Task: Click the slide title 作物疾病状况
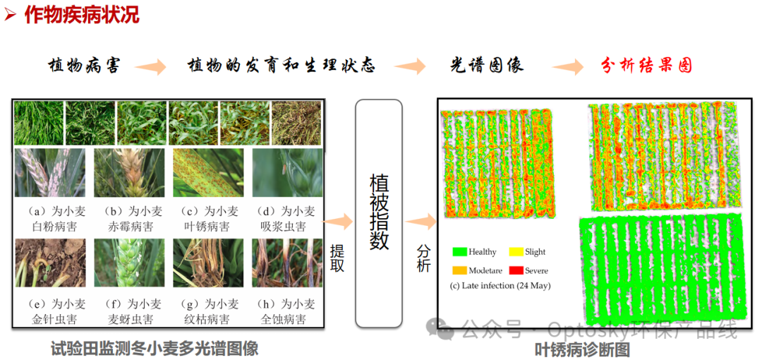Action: click(x=82, y=14)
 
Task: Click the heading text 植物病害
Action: click(x=84, y=66)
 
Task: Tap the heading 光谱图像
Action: click(x=487, y=66)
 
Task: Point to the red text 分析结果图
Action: click(x=646, y=66)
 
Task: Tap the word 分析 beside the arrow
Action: click(x=423, y=258)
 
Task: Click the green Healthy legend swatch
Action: click(x=461, y=251)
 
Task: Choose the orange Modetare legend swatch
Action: click(x=461, y=270)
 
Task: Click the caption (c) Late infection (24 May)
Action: click(x=500, y=286)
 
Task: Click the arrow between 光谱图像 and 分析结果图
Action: click(x=568, y=67)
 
